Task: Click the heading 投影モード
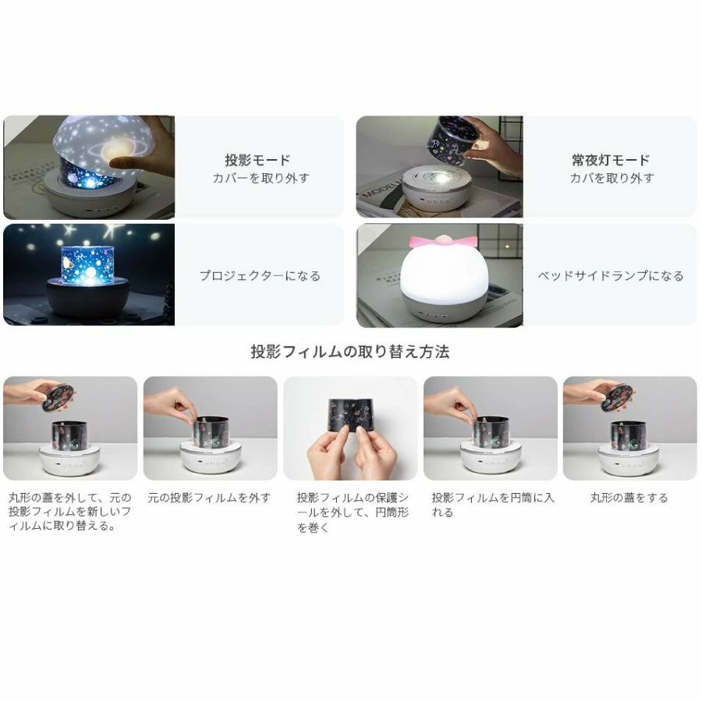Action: (257, 160)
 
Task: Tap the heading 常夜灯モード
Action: (611, 160)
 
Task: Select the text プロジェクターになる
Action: (260, 275)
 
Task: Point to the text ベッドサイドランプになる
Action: (611, 275)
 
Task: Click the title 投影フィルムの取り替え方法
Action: (350, 352)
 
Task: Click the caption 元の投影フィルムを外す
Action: (209, 498)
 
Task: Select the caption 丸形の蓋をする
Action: (629, 498)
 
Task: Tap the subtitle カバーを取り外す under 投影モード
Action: (261, 178)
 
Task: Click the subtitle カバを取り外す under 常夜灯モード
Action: (612, 178)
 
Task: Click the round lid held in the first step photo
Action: (58, 398)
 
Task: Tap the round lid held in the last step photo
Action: (617, 398)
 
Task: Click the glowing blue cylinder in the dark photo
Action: (87, 264)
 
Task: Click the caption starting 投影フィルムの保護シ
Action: (353, 512)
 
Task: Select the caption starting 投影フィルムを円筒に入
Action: (493, 505)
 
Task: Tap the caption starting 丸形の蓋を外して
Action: (70, 511)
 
